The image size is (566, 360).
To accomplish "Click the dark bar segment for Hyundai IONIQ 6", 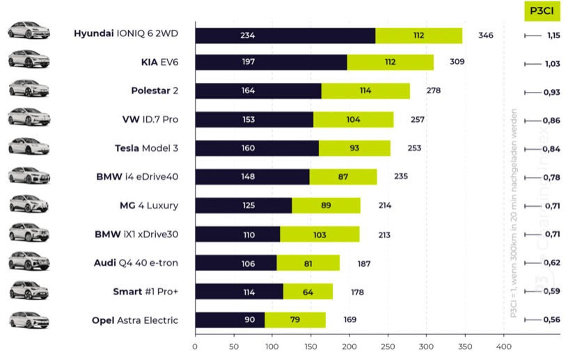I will (285, 36).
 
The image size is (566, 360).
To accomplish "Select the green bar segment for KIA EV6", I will (390, 63).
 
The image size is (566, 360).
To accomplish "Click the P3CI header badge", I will (542, 11).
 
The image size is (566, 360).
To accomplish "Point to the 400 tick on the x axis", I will (503, 345).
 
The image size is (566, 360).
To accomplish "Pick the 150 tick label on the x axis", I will (310, 345).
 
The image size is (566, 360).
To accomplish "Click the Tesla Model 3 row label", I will (146, 148).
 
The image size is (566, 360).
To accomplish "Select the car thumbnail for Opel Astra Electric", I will (29, 320).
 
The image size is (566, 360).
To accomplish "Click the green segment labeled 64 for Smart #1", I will (308, 291).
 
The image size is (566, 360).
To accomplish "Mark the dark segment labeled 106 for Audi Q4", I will (235, 263).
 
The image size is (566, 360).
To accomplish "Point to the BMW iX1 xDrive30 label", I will (136, 234).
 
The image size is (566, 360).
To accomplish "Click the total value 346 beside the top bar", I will (486, 35).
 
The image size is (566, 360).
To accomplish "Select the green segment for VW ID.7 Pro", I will (353, 119).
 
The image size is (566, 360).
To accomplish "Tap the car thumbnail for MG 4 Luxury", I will (29, 205).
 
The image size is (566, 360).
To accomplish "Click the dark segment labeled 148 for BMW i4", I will (252, 177).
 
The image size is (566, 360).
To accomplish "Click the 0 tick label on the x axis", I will (195, 345).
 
